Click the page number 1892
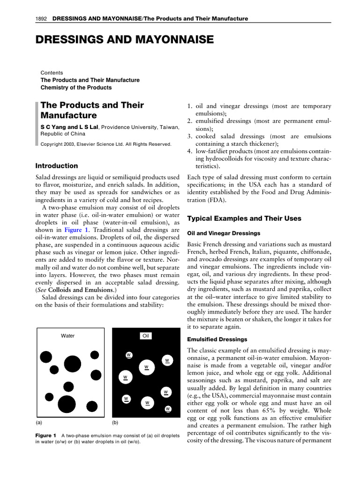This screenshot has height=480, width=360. [x=42, y=19]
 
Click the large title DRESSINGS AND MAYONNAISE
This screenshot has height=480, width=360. [x=125, y=41]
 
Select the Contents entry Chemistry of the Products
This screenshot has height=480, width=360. [x=76, y=88]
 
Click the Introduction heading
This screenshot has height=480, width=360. [x=57, y=165]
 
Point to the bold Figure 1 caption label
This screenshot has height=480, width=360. [x=46, y=435]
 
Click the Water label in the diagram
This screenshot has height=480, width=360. [x=68, y=336]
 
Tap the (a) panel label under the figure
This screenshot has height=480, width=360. [x=39, y=422]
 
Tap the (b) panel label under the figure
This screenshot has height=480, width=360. [x=115, y=422]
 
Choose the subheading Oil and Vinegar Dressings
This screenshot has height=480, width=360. [x=224, y=233]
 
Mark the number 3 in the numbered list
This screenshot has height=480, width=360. [x=190, y=136]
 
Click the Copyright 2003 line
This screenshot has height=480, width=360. [x=106, y=144]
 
